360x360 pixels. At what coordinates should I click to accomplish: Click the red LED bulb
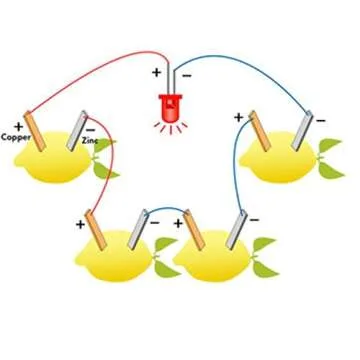170,105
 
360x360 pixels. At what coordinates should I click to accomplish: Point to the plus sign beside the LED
155,73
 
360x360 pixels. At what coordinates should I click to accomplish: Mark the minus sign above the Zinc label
91,129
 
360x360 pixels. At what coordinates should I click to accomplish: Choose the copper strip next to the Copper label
37,131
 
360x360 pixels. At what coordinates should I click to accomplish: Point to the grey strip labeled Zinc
77,133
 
